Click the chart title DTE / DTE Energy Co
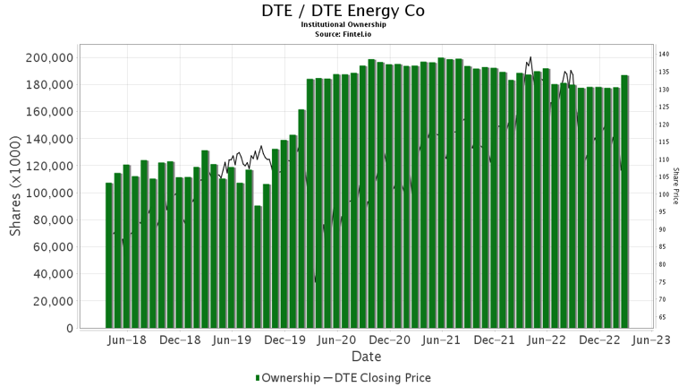[x=343, y=12]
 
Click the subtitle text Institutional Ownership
[x=343, y=26]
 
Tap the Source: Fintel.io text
[x=343, y=34]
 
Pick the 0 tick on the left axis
[x=69, y=329]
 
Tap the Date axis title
[x=367, y=356]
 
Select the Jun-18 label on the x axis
[x=126, y=340]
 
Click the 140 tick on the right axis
[x=665, y=55]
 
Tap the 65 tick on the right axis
[x=664, y=317]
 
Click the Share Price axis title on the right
[x=676, y=185]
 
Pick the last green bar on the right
[x=624, y=202]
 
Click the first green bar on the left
[x=109, y=255]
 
